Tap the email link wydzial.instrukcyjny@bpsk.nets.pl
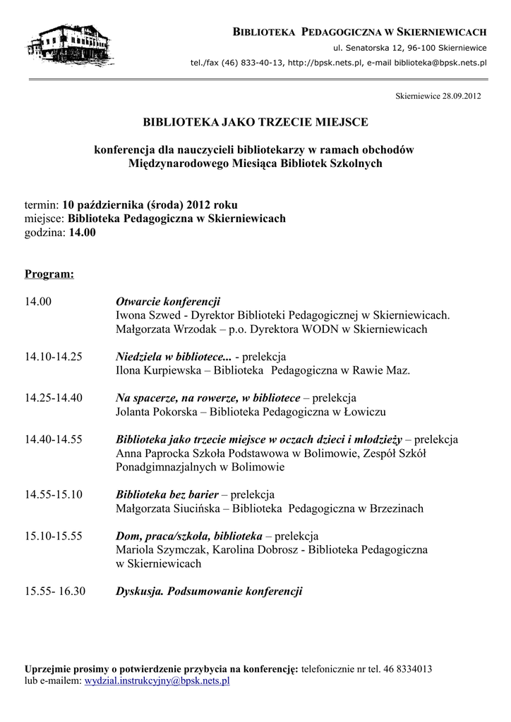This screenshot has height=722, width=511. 157,681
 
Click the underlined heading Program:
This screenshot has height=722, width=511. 49,274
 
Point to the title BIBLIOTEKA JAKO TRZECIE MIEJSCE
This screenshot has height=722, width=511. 255,122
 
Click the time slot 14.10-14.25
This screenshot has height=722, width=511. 54,357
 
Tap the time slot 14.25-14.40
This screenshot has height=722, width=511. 54,398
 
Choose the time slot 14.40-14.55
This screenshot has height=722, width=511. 54,439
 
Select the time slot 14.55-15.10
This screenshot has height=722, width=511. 54,494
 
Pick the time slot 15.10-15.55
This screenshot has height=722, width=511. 54,536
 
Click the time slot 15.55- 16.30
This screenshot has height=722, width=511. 55,591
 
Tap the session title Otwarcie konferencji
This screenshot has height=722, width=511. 168,301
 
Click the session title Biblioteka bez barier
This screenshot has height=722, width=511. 167,494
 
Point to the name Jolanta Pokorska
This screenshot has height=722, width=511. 155,412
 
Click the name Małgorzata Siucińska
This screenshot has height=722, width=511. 167,508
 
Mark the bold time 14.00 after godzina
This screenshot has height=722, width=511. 82,233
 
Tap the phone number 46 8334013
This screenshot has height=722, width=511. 408,668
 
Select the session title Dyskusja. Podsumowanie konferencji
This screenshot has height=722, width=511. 209,591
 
